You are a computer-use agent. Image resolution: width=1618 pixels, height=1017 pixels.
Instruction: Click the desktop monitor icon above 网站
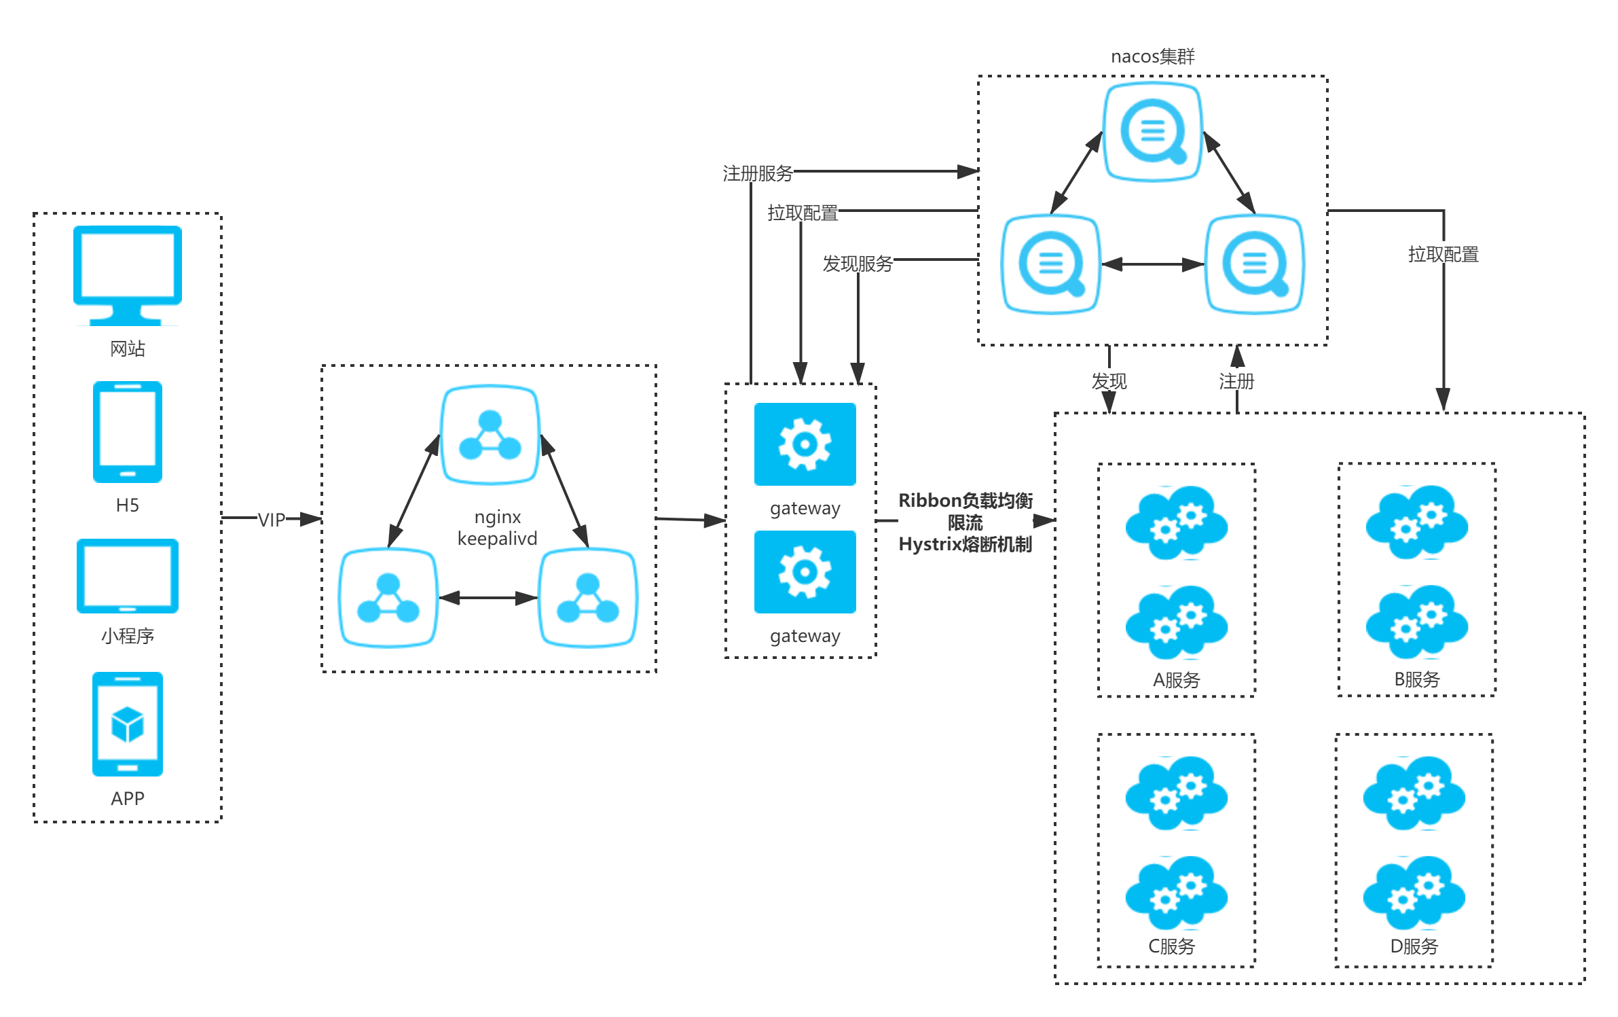point(128,275)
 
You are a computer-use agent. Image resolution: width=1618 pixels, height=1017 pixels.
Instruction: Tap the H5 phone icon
point(128,432)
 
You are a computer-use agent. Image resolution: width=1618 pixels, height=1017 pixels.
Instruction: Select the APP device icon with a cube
point(128,724)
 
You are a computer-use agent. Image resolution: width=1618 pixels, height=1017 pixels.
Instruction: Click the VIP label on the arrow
point(272,520)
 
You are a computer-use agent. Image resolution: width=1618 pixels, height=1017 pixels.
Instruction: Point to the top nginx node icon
point(490,435)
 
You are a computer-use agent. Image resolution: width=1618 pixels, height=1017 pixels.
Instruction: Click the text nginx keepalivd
point(497,528)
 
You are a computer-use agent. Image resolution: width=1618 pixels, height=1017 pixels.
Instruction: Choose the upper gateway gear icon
point(805,444)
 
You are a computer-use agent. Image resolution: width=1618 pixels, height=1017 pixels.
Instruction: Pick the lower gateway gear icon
point(805,572)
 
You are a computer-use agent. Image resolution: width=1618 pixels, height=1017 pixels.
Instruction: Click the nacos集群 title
point(1153,56)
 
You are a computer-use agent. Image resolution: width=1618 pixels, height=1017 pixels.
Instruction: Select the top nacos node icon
point(1153,132)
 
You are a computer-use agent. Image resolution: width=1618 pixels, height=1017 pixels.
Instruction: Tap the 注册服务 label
point(758,173)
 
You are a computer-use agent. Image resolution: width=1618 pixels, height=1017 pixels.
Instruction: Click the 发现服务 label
point(858,264)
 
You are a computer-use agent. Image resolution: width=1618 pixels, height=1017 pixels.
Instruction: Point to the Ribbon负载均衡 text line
point(966,501)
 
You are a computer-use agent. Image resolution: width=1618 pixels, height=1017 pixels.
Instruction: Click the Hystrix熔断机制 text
point(966,544)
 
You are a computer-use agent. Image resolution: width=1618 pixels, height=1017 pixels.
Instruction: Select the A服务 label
point(1177,679)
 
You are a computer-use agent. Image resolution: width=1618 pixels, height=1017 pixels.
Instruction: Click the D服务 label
point(1414,946)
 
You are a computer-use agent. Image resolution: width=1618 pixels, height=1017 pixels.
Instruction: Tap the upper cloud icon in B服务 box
point(1417,522)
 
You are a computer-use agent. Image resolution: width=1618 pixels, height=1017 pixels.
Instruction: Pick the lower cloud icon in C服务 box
point(1177,893)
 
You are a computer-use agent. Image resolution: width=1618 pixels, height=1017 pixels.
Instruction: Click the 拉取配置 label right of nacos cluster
point(1444,254)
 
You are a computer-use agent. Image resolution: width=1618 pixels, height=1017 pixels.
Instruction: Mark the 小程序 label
point(128,636)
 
